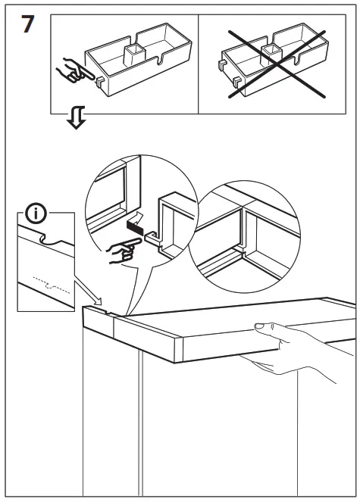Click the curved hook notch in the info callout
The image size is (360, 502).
49,241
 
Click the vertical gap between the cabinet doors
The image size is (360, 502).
140,424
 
